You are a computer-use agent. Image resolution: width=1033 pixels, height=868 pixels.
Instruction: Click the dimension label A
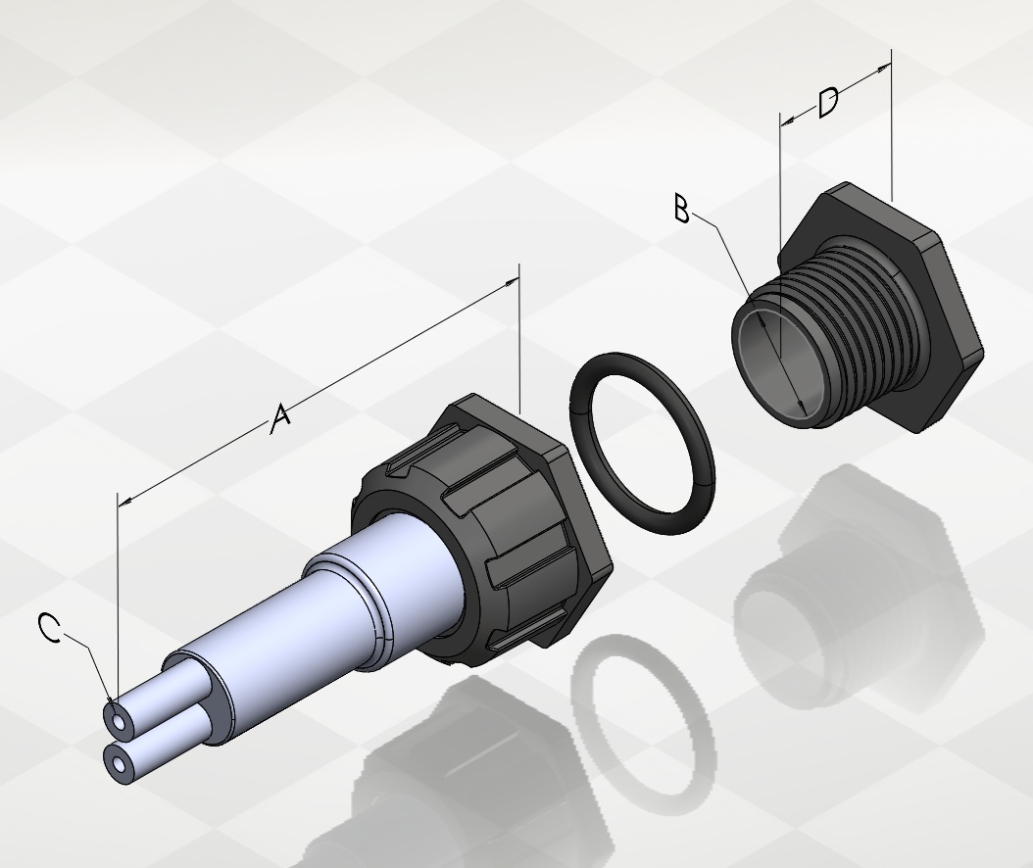click(280, 418)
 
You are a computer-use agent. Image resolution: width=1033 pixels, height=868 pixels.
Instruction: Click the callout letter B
click(682, 208)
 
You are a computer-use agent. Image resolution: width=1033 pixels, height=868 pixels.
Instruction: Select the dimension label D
click(828, 103)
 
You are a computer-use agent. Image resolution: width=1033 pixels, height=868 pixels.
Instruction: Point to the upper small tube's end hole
click(120, 722)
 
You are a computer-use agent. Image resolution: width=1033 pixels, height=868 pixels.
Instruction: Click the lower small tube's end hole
click(120, 764)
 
